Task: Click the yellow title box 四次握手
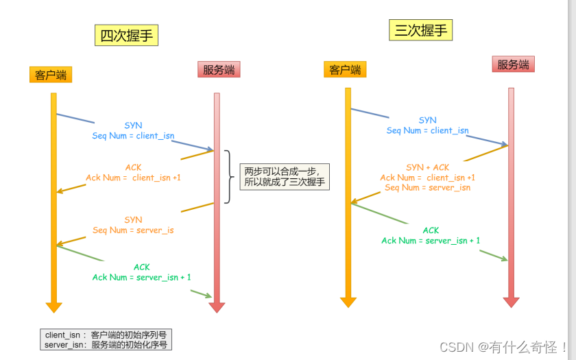(126, 36)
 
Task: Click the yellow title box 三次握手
(423, 30)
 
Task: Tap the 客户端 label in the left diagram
(51, 75)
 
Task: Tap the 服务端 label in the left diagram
(219, 69)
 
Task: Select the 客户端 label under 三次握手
(345, 69)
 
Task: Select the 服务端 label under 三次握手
(513, 64)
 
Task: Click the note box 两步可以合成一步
(285, 176)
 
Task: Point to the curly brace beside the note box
(228, 177)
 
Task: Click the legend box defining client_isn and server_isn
(106, 339)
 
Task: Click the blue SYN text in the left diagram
(133, 125)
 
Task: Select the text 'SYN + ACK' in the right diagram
(427, 167)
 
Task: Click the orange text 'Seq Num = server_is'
(133, 230)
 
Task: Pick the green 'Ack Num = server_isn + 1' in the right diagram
(431, 241)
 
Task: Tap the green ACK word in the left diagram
(141, 267)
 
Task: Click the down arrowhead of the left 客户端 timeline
(53, 307)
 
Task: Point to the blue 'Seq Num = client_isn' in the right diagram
(427, 130)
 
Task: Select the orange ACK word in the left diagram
(133, 167)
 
